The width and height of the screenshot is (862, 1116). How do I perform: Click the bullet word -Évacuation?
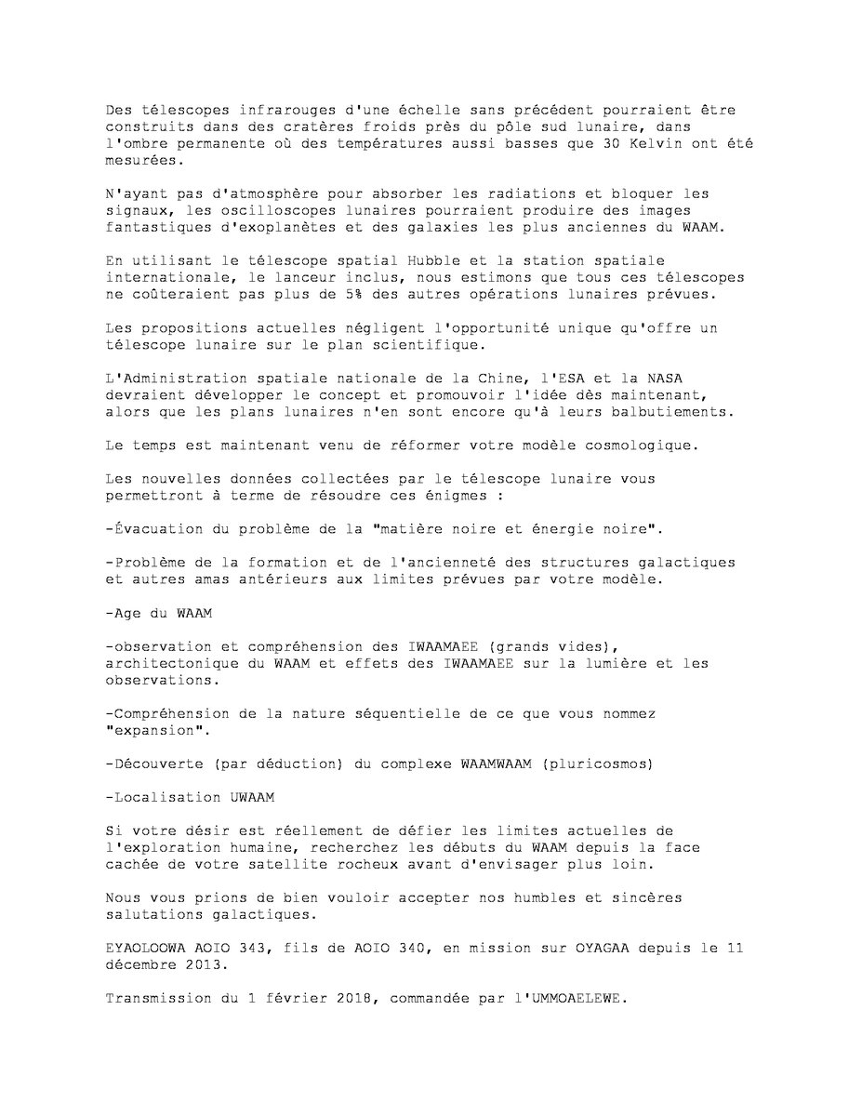tap(152, 529)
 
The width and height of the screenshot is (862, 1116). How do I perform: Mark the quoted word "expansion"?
tap(155, 730)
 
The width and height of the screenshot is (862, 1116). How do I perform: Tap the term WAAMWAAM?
tap(498, 764)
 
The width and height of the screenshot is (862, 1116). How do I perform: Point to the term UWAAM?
tap(252, 797)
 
